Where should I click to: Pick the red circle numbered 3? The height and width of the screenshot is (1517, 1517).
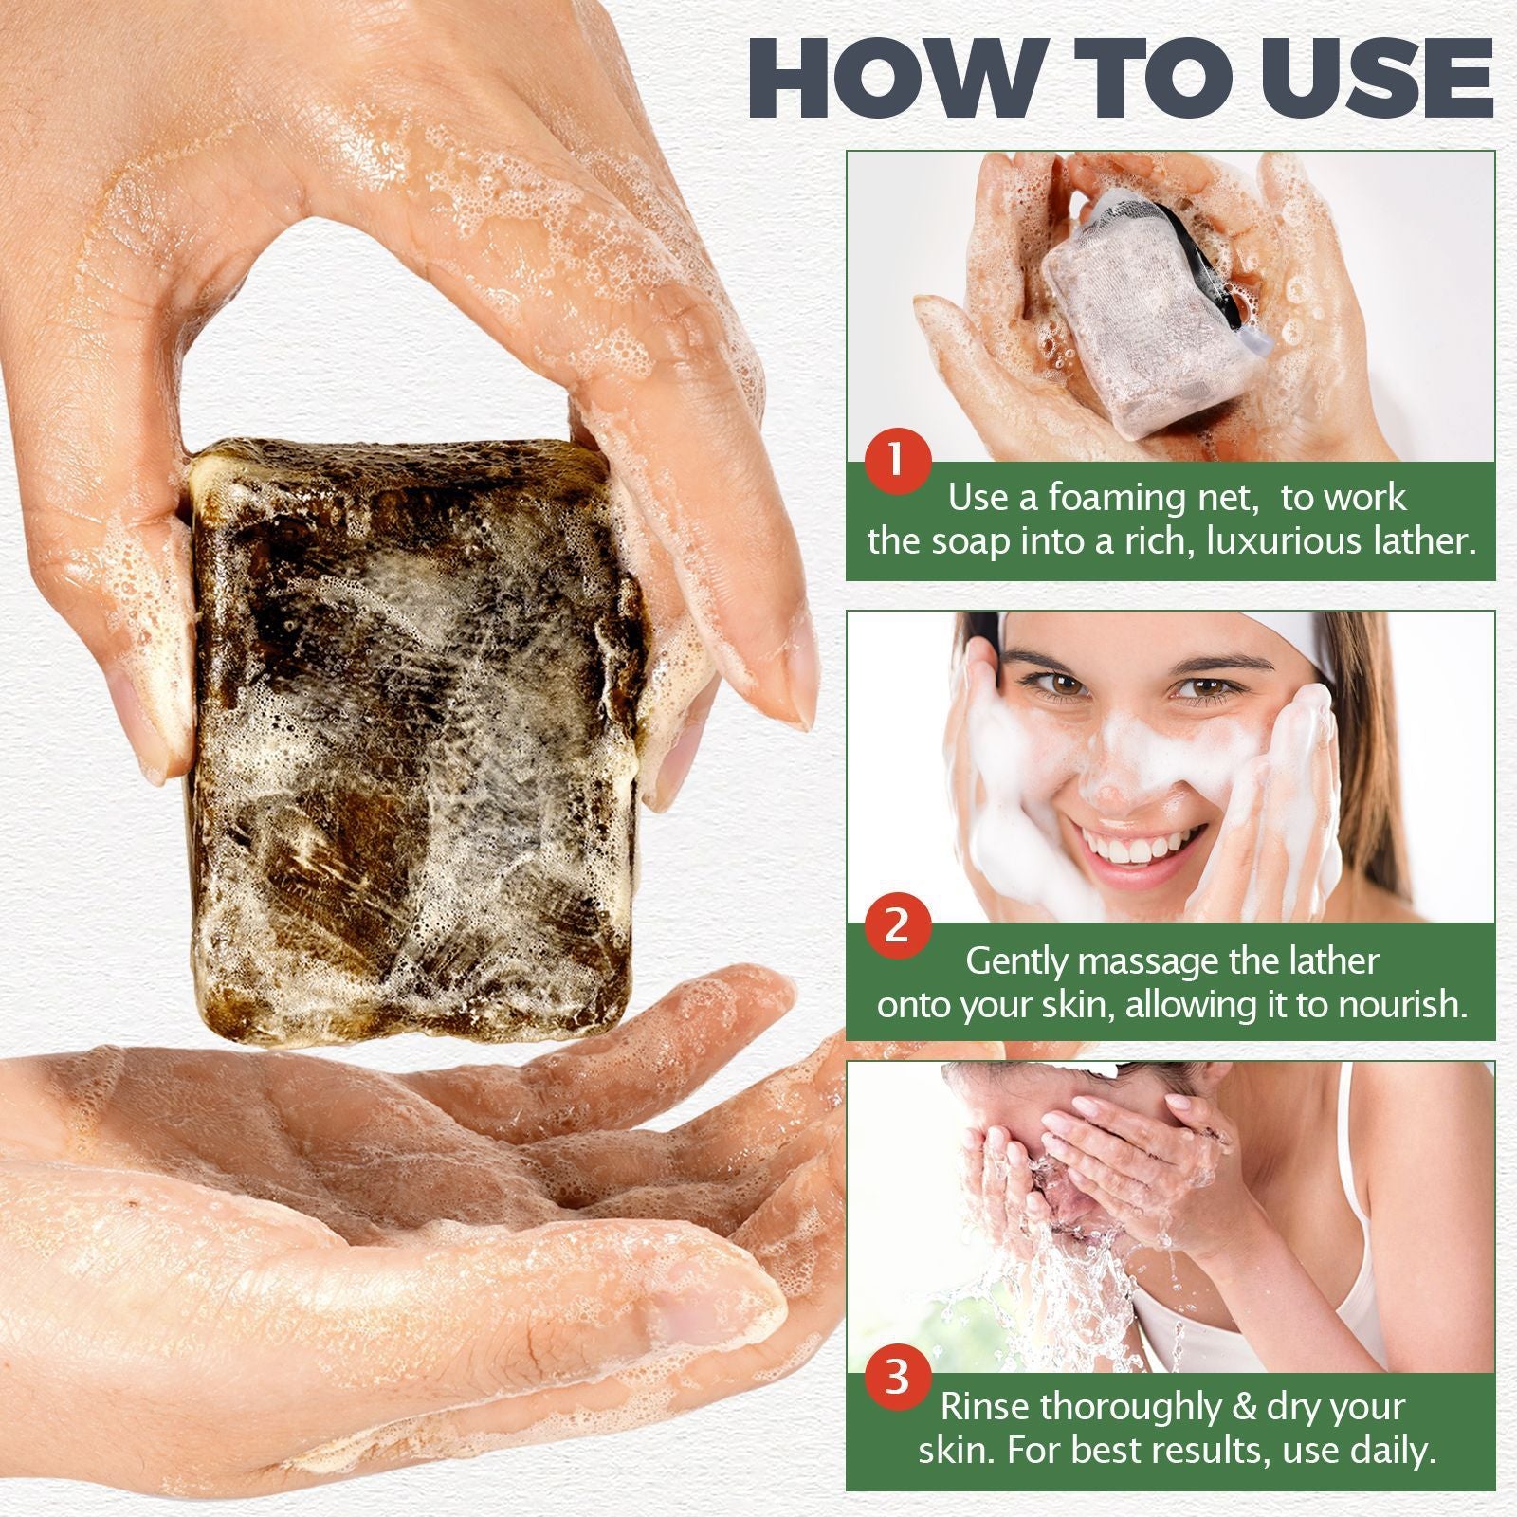pyautogui.click(x=897, y=1376)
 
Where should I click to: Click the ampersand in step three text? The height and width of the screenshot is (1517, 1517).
pyautogui.click(x=1244, y=1407)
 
